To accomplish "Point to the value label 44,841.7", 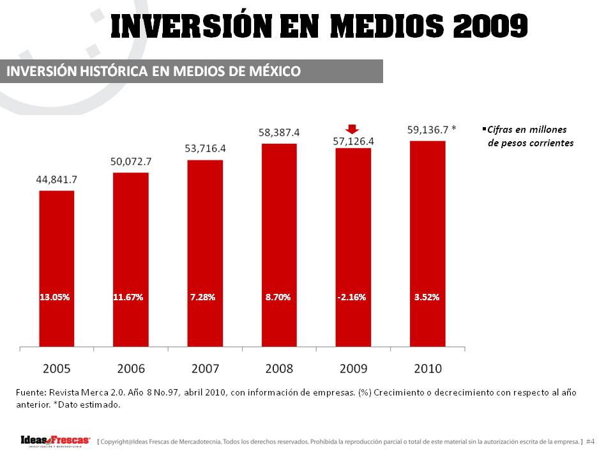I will [x=56, y=180].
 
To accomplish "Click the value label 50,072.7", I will [x=130, y=163].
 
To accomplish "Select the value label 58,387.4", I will [x=279, y=132].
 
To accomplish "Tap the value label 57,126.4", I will [x=353, y=142].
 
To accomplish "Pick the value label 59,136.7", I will [x=427, y=130].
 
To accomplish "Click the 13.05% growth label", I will [x=55, y=297].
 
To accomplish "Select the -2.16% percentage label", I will [x=352, y=297].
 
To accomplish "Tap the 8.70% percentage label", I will [x=278, y=297].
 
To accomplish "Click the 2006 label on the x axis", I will [x=130, y=369].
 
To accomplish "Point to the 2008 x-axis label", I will [x=279, y=369].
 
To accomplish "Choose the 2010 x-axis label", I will [x=427, y=369].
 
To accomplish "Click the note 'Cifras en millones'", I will [x=527, y=130].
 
